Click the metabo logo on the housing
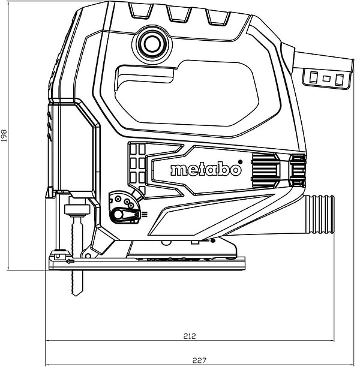click(206, 170)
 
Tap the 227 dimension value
click(199, 360)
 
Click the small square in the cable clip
click(326, 79)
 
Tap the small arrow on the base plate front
click(70, 262)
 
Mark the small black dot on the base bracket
click(212, 240)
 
